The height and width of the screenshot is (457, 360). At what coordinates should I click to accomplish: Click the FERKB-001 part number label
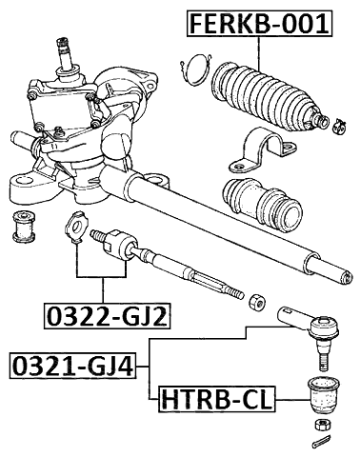coord(259,22)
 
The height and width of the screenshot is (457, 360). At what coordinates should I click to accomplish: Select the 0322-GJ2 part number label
coord(105,314)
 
